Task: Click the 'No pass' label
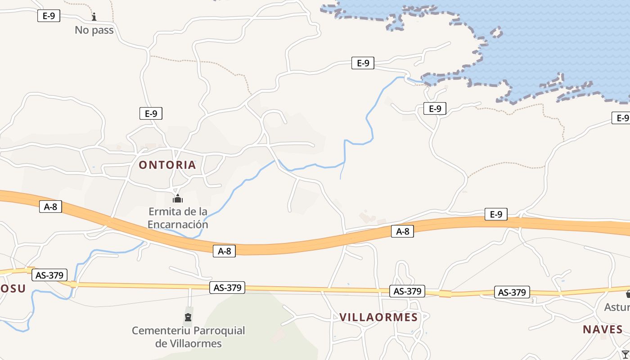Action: coord(94,30)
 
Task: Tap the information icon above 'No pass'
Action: coord(94,17)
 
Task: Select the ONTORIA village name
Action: coord(167,165)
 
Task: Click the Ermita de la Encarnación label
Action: coord(178,218)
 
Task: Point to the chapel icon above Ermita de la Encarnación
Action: coord(178,198)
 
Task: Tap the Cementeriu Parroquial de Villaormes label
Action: coord(189,337)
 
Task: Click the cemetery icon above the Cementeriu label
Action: coord(188,317)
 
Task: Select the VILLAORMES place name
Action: coord(379,317)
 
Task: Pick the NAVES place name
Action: coord(603,329)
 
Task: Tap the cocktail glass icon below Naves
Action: coord(625,354)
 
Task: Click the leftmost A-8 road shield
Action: coord(50,207)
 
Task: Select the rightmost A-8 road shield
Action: coord(402,232)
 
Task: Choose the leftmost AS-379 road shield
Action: coord(49,275)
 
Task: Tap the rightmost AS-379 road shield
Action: coord(512,292)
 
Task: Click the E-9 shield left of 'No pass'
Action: coord(49,16)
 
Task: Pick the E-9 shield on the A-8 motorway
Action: coord(496,215)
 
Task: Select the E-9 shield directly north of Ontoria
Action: coord(151,113)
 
